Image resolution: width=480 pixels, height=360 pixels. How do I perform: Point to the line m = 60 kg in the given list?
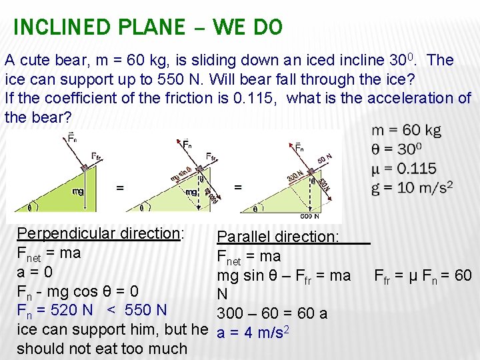click(406, 130)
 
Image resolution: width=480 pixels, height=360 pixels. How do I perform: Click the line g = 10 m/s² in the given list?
click(412, 187)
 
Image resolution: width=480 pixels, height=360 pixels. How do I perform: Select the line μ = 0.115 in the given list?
click(404, 168)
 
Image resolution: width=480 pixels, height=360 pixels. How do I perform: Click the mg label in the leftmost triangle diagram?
click(79, 191)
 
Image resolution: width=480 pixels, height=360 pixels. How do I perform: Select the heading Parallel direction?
click(278, 237)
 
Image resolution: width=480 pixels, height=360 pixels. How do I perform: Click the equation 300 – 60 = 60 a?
click(272, 313)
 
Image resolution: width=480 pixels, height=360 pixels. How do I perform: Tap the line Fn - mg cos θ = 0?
click(78, 291)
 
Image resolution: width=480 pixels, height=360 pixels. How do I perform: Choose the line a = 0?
click(34, 272)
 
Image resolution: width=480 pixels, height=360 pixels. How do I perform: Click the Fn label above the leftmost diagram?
click(71, 139)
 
